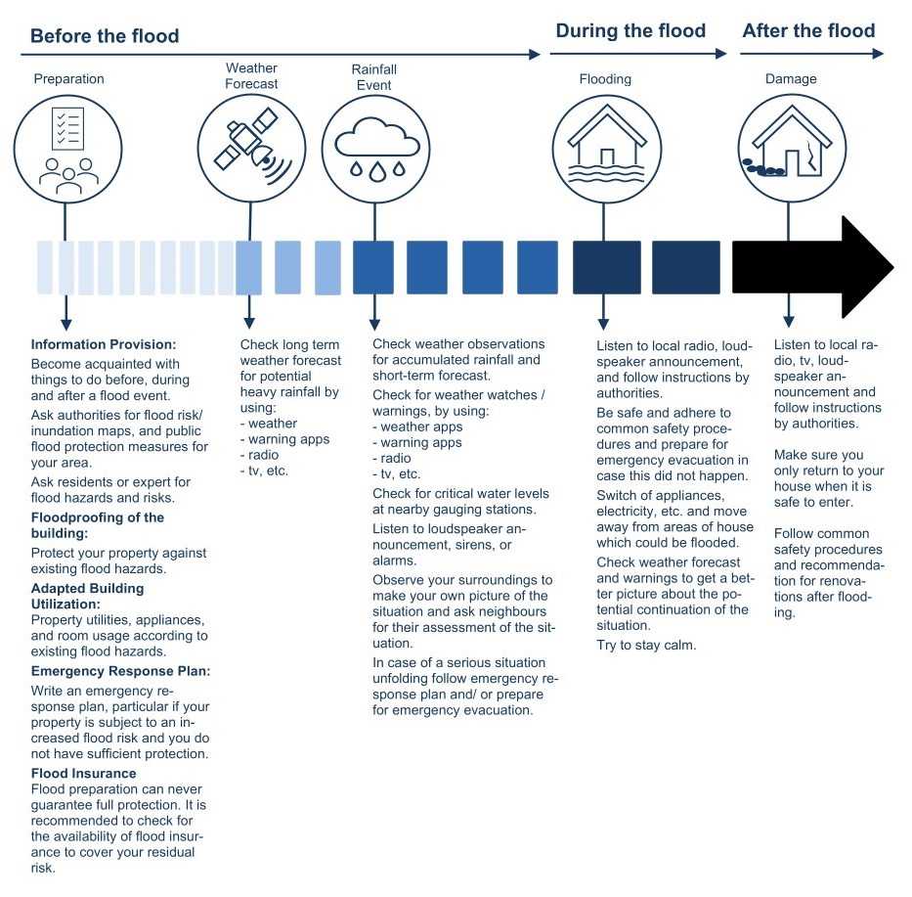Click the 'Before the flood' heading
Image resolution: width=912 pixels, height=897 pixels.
tap(105, 36)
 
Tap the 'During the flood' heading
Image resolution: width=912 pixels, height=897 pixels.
tap(630, 30)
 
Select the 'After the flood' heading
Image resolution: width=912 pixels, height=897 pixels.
tap(808, 30)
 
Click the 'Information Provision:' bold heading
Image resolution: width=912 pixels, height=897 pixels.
tap(104, 344)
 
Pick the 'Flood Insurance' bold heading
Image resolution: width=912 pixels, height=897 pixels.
tap(84, 773)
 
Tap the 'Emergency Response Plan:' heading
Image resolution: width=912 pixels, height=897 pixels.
tap(121, 671)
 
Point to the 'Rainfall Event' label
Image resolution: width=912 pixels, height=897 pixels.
tap(373, 77)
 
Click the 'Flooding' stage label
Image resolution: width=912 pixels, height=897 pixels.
tap(605, 78)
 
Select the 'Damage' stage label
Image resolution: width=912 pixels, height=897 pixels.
tap(790, 78)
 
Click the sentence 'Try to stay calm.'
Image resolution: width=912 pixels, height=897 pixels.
tap(646, 645)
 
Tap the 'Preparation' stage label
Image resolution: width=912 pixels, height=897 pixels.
tap(68, 78)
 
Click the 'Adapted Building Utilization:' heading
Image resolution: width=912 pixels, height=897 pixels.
tap(88, 596)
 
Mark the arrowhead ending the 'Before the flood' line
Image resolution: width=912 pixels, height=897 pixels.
tap(535, 55)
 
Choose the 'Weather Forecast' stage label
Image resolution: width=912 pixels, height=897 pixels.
tap(251, 76)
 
